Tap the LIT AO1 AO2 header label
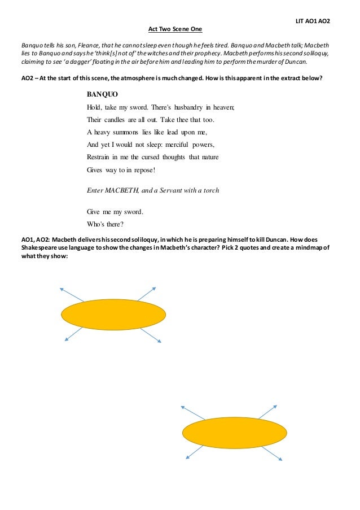pos(313,21)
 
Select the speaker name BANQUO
pos(103,94)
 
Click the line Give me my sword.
pos(115,212)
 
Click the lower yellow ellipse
pos(236,433)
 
